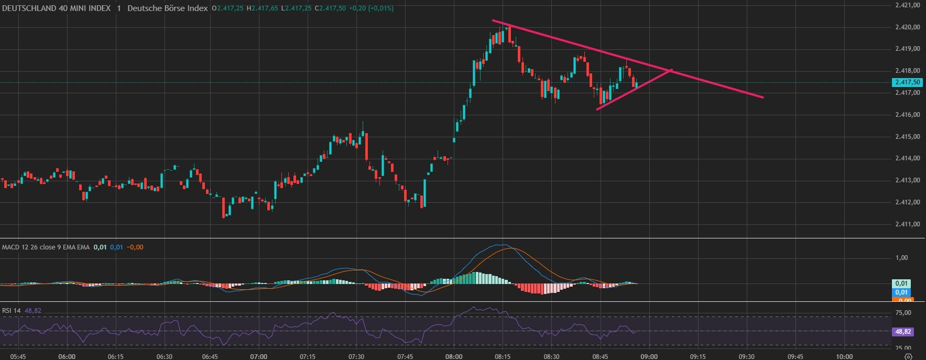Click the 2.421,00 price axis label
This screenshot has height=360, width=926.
click(x=907, y=5)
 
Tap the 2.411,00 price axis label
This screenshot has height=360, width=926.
click(x=907, y=224)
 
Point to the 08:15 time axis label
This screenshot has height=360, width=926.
click(x=502, y=356)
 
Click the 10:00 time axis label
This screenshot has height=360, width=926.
click(x=844, y=356)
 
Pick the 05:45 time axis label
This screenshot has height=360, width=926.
click(x=18, y=356)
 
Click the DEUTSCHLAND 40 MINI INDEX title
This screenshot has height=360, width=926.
click(x=57, y=8)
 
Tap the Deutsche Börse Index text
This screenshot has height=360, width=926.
click(x=168, y=8)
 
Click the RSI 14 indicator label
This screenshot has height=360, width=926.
click(x=11, y=311)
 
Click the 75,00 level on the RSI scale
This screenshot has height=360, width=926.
click(x=903, y=313)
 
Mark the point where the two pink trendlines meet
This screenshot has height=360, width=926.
click(x=670, y=70)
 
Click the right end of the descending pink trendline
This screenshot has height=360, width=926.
click(x=762, y=97)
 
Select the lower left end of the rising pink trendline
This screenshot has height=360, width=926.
click(x=597, y=109)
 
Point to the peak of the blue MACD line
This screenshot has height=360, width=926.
click(x=502, y=245)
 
